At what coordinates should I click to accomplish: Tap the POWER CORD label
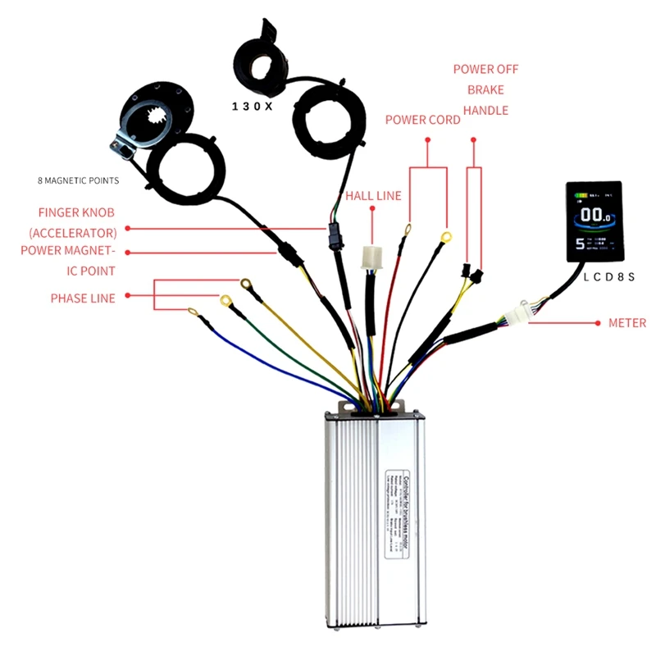click(x=422, y=120)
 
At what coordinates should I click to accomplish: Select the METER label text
click(x=627, y=323)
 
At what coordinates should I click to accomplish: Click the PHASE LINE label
click(x=83, y=298)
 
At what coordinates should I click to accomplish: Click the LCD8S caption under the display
click(x=609, y=276)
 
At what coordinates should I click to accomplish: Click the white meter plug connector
click(x=517, y=314)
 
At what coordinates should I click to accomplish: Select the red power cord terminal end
click(x=408, y=230)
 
